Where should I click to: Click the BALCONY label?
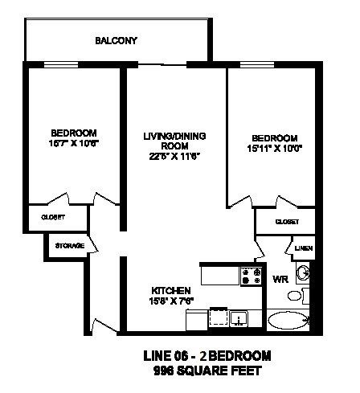(x=117, y=40)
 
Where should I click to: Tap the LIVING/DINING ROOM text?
(x=171, y=141)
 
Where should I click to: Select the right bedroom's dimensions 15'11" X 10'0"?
(x=274, y=148)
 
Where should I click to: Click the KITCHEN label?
(x=170, y=290)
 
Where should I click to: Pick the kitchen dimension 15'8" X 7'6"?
(x=170, y=301)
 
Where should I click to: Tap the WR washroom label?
(x=280, y=280)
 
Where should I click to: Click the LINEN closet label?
(x=302, y=248)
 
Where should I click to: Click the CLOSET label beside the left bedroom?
(x=53, y=217)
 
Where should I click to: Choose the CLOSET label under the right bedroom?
(x=287, y=221)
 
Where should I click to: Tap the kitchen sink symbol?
(x=239, y=319)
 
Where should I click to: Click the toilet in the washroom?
(x=296, y=296)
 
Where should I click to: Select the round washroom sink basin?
(x=303, y=274)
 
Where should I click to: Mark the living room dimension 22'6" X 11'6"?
(x=171, y=156)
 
